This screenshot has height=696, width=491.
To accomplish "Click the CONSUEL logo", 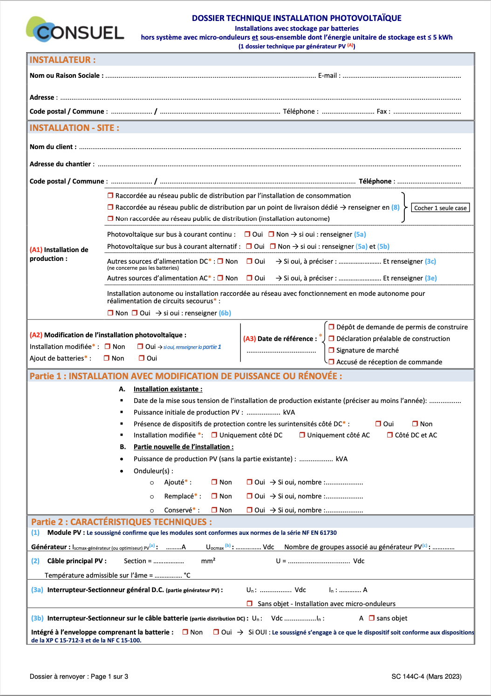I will click(x=75, y=30).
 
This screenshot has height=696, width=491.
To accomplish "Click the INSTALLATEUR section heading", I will click(x=62, y=60).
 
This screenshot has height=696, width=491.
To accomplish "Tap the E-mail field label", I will click(x=329, y=75).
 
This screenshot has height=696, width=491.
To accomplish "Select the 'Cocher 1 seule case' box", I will click(x=440, y=208).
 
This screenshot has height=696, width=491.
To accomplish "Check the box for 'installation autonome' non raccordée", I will click(x=110, y=218).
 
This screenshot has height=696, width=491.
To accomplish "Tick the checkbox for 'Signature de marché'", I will click(x=332, y=350).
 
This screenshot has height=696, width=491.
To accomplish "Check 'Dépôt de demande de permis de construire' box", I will click(x=332, y=327).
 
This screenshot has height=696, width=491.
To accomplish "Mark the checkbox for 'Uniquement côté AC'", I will click(x=302, y=435).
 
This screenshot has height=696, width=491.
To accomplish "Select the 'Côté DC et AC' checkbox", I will click(x=390, y=435).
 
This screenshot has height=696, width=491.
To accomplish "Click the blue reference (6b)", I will click(x=225, y=313).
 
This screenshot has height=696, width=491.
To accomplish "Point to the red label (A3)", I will click(x=249, y=339).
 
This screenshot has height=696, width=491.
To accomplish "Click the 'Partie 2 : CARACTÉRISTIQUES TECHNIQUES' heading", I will click(x=121, y=522).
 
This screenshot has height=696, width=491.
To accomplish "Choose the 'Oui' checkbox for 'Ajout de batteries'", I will click(x=142, y=358).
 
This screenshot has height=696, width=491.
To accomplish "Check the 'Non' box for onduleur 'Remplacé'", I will click(x=214, y=496).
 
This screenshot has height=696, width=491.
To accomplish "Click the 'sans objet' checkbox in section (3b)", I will click(x=372, y=618).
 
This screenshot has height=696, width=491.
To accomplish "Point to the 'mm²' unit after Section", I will click(x=208, y=561).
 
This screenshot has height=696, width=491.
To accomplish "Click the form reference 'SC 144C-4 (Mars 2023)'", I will click(x=426, y=676).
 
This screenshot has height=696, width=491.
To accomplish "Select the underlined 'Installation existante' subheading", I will click(x=168, y=389).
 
